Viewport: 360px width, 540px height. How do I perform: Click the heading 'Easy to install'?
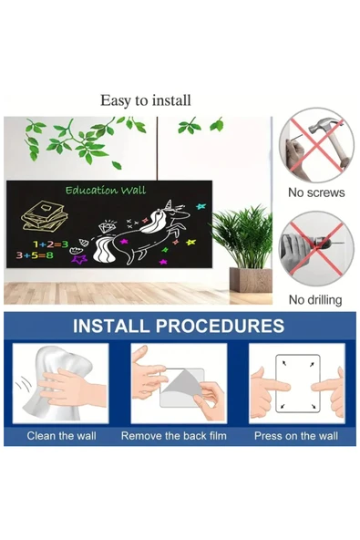click(145, 100)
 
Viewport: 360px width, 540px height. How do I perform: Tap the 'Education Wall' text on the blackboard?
click(106, 191)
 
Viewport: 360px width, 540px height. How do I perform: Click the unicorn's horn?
click(169, 204)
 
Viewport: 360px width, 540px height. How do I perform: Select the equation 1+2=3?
click(50, 244)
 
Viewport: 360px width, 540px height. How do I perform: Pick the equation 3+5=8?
click(35, 255)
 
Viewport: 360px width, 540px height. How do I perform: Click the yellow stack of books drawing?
click(45, 216)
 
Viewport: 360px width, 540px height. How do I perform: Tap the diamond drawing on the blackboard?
click(106, 225)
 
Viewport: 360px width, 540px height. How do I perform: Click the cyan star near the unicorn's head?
click(201, 206)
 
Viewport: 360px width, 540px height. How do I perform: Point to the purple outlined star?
click(78, 259)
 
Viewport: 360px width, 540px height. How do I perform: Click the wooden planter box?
click(251, 280)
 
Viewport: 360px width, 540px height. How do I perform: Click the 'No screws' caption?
click(316, 192)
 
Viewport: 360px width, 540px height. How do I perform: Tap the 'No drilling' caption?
click(315, 300)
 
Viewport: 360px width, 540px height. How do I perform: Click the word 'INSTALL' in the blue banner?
click(111, 326)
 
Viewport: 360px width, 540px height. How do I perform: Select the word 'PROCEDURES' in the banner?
click(221, 326)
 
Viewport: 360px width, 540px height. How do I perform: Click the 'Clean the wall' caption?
click(62, 436)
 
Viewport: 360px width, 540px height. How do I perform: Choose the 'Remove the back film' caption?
click(174, 436)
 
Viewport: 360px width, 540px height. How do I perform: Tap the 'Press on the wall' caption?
click(296, 436)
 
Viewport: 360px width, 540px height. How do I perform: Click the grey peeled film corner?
click(182, 386)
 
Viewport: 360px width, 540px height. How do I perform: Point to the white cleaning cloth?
click(58, 382)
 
